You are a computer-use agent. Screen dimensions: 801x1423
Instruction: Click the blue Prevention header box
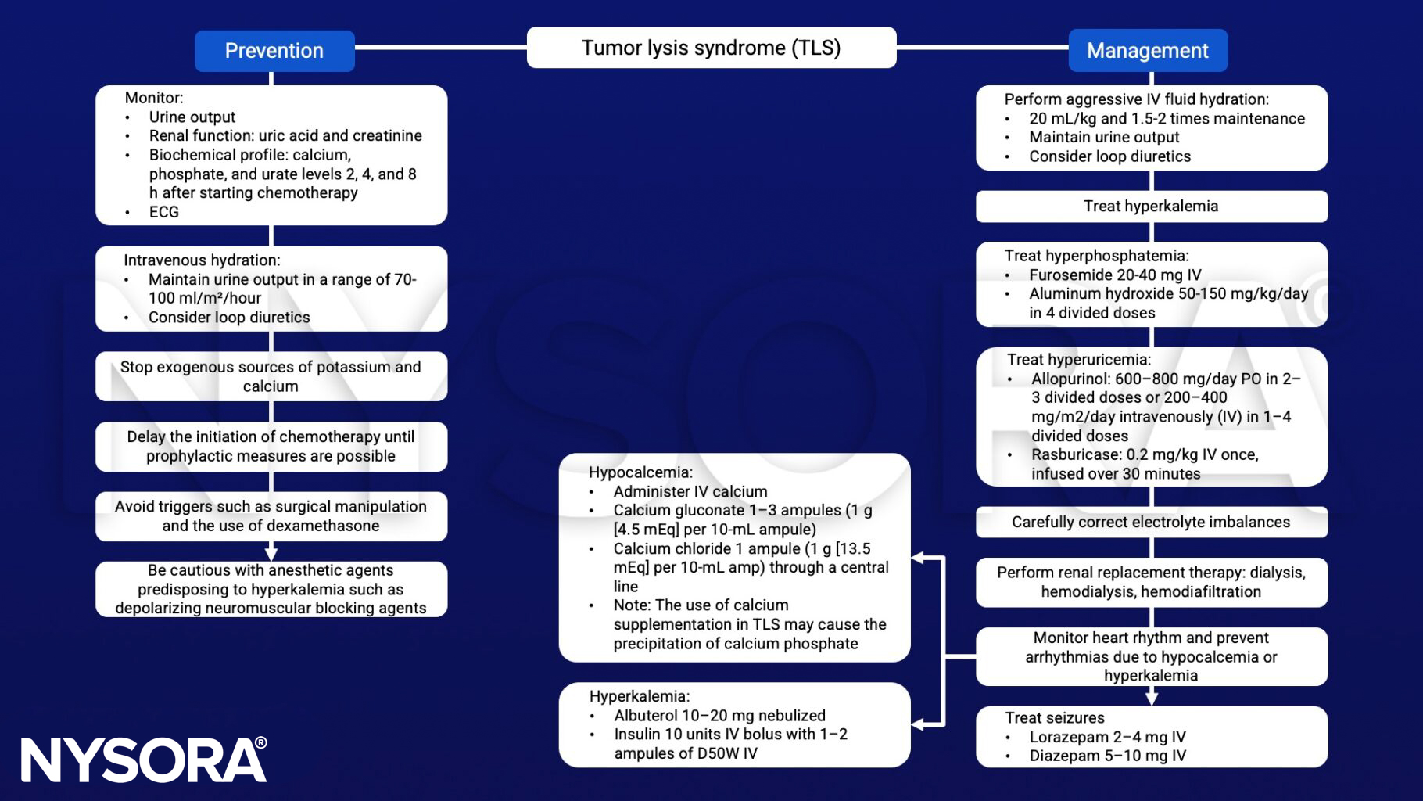pyautogui.click(x=274, y=51)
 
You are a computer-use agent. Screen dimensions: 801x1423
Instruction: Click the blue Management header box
pyautogui.click(x=1147, y=51)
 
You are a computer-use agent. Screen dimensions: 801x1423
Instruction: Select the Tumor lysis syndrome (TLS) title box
pyautogui.click(x=711, y=48)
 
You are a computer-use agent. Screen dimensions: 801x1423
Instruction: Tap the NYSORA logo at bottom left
pyautogui.click(x=143, y=760)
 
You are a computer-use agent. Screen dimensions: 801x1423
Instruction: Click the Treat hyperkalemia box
pyautogui.click(x=1151, y=207)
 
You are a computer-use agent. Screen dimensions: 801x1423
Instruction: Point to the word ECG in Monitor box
pyautogui.click(x=164, y=212)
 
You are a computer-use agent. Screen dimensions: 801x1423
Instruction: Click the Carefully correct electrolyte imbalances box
pyautogui.click(x=1151, y=522)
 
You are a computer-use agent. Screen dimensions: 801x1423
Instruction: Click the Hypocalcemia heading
pyautogui.click(x=640, y=472)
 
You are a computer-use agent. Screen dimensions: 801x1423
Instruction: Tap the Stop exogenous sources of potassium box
pyautogui.click(x=271, y=376)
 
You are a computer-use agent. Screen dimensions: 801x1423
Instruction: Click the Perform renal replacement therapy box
pyautogui.click(x=1151, y=582)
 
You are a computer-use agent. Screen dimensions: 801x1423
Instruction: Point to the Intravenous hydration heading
pyautogui.click(x=202, y=260)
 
